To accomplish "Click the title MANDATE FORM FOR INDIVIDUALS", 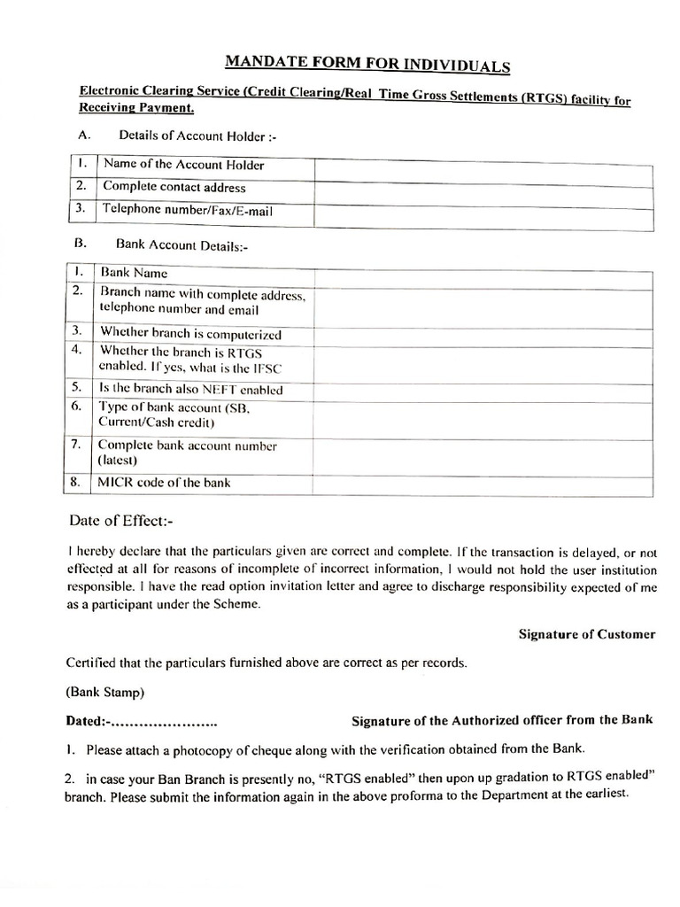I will point(367,63).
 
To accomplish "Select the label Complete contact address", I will point(174,188).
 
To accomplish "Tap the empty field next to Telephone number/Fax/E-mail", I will point(483,213).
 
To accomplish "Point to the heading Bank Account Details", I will point(182,247).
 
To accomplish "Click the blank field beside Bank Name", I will point(483,275).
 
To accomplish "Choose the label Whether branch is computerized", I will point(190,334).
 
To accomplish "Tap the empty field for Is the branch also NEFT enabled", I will point(483,389).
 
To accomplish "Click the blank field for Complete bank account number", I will point(483,453).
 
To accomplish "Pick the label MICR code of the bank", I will point(166,484).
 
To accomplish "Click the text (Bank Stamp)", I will point(105,691).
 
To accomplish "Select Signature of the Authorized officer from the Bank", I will point(502,720).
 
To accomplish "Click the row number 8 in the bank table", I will point(76,483).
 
